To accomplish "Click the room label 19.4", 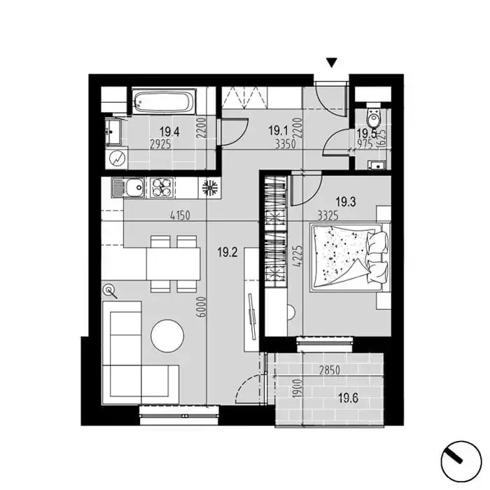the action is point(169,132).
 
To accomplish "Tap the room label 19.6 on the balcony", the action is point(349,398).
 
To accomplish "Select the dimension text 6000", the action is point(202,307).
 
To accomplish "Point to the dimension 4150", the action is point(180,216).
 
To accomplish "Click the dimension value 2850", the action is point(330,370).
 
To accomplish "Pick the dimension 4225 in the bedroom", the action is point(299,255).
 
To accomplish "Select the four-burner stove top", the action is point(162,188).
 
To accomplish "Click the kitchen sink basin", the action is point(136,188).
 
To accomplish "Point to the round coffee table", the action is point(167,336).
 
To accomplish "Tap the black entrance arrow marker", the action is point(332,63).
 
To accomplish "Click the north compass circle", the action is point(461,461).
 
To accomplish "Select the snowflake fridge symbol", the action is point(210,188).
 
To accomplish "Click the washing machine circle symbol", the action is point(116,159).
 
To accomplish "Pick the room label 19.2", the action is point(227,252).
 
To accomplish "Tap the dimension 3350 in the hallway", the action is point(286,144).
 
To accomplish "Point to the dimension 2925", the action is point(160,144).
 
